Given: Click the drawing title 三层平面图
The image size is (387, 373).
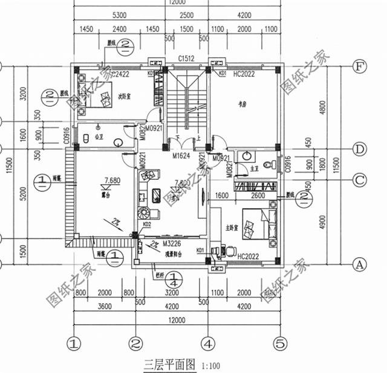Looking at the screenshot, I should [x=169, y=365].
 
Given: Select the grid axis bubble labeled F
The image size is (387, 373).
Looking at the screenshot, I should [x=360, y=66].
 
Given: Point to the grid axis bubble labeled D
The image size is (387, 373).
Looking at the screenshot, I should [x=360, y=148].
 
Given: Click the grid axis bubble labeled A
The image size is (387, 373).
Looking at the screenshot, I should [x=360, y=264].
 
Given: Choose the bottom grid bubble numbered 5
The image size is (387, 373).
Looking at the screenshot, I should [x=279, y=344].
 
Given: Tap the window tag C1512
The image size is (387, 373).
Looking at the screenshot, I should [x=185, y=59].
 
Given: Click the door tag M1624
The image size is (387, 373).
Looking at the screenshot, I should [x=182, y=156].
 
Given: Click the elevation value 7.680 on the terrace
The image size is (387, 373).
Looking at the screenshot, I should [x=112, y=180].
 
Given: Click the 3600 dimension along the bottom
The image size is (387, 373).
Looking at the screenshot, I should [x=104, y=306].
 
